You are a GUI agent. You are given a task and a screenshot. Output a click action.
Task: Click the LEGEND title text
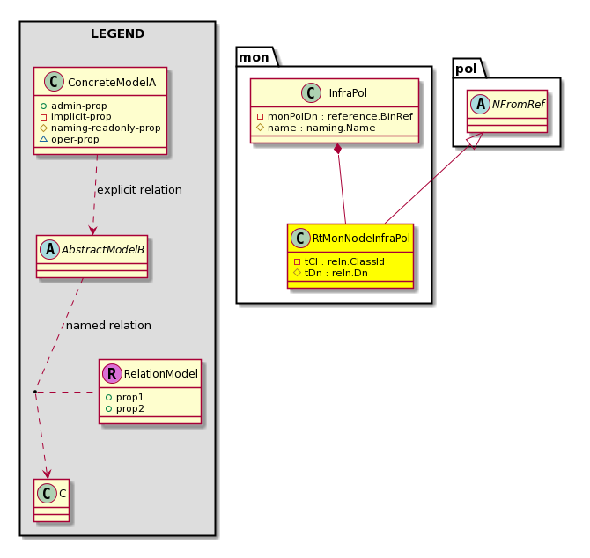[x=117, y=33]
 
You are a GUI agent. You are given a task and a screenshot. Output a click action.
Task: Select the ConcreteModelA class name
[x=112, y=83]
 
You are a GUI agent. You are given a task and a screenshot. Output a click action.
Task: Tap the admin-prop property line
[x=74, y=106]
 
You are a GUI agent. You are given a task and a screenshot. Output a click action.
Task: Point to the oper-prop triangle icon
[x=43, y=139]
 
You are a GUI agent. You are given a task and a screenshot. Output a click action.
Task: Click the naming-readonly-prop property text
[x=106, y=128]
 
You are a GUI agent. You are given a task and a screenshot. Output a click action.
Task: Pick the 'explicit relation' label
[x=140, y=190]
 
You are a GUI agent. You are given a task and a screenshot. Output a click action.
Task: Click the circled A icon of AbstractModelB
[x=49, y=249]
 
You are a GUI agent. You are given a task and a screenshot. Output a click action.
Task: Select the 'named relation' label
[x=108, y=326]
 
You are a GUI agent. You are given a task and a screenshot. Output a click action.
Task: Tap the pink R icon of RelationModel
[x=112, y=373]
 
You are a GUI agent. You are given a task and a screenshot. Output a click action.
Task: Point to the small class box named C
[x=52, y=500]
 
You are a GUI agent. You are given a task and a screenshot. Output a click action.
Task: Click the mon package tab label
[x=254, y=57]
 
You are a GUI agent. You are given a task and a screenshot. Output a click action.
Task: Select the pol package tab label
[x=466, y=69]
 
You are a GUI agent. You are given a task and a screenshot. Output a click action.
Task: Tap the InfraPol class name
[x=348, y=93]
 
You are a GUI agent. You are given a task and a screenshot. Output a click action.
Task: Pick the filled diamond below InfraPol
[x=338, y=148]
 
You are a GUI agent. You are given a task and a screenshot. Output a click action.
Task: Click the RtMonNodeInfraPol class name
[x=361, y=239]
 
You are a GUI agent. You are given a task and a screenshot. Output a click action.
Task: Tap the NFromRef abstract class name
[x=519, y=105]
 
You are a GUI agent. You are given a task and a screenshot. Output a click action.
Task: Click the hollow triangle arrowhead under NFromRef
[x=475, y=141]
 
